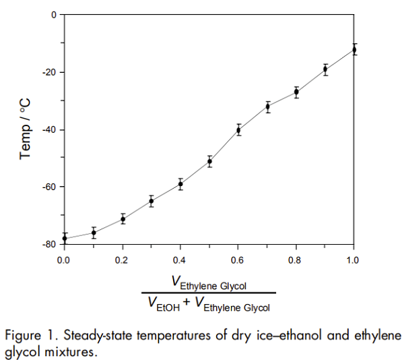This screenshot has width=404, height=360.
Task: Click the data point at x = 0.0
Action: click(x=65, y=239)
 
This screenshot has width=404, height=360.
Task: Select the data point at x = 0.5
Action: click(x=209, y=161)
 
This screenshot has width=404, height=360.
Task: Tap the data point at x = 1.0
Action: click(x=354, y=49)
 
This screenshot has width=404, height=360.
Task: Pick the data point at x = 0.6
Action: click(x=238, y=129)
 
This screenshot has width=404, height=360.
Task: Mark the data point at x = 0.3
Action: click(x=151, y=201)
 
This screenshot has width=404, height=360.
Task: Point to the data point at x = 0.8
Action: click(x=296, y=92)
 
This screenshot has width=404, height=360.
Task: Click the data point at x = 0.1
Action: click(x=94, y=233)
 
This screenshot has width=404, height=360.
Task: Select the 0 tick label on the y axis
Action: click(x=53, y=14)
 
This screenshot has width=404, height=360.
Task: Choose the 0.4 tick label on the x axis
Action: click(x=180, y=258)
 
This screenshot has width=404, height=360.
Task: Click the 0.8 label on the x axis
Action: click(x=296, y=258)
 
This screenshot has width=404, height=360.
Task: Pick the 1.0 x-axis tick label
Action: click(x=354, y=258)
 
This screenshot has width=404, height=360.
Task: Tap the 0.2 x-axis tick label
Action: click(x=122, y=258)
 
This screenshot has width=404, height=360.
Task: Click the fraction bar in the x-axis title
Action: click(x=209, y=293)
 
